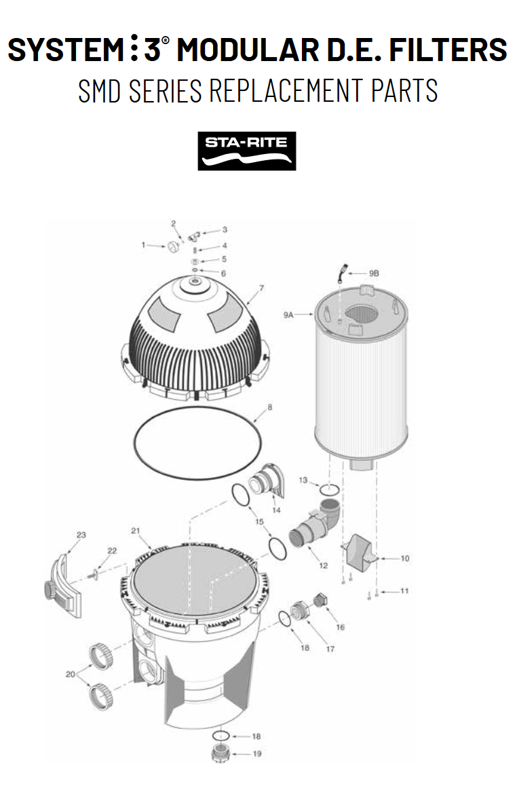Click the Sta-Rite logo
coord(247,151)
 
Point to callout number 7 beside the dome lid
coord(261,288)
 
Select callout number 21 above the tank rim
coord(135,530)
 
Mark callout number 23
coord(81,535)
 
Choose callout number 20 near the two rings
coord(70,674)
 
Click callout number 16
coord(340,627)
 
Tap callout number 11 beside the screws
coord(404,591)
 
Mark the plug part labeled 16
coord(320,603)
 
